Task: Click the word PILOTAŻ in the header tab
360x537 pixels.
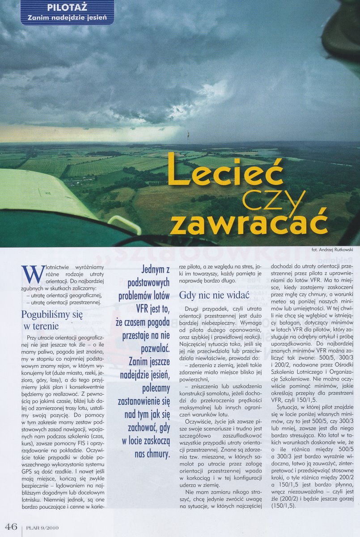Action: tap(67, 7)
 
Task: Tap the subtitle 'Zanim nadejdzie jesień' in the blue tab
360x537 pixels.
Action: tap(67, 19)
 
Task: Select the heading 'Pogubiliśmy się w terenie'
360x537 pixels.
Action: tap(52, 320)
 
